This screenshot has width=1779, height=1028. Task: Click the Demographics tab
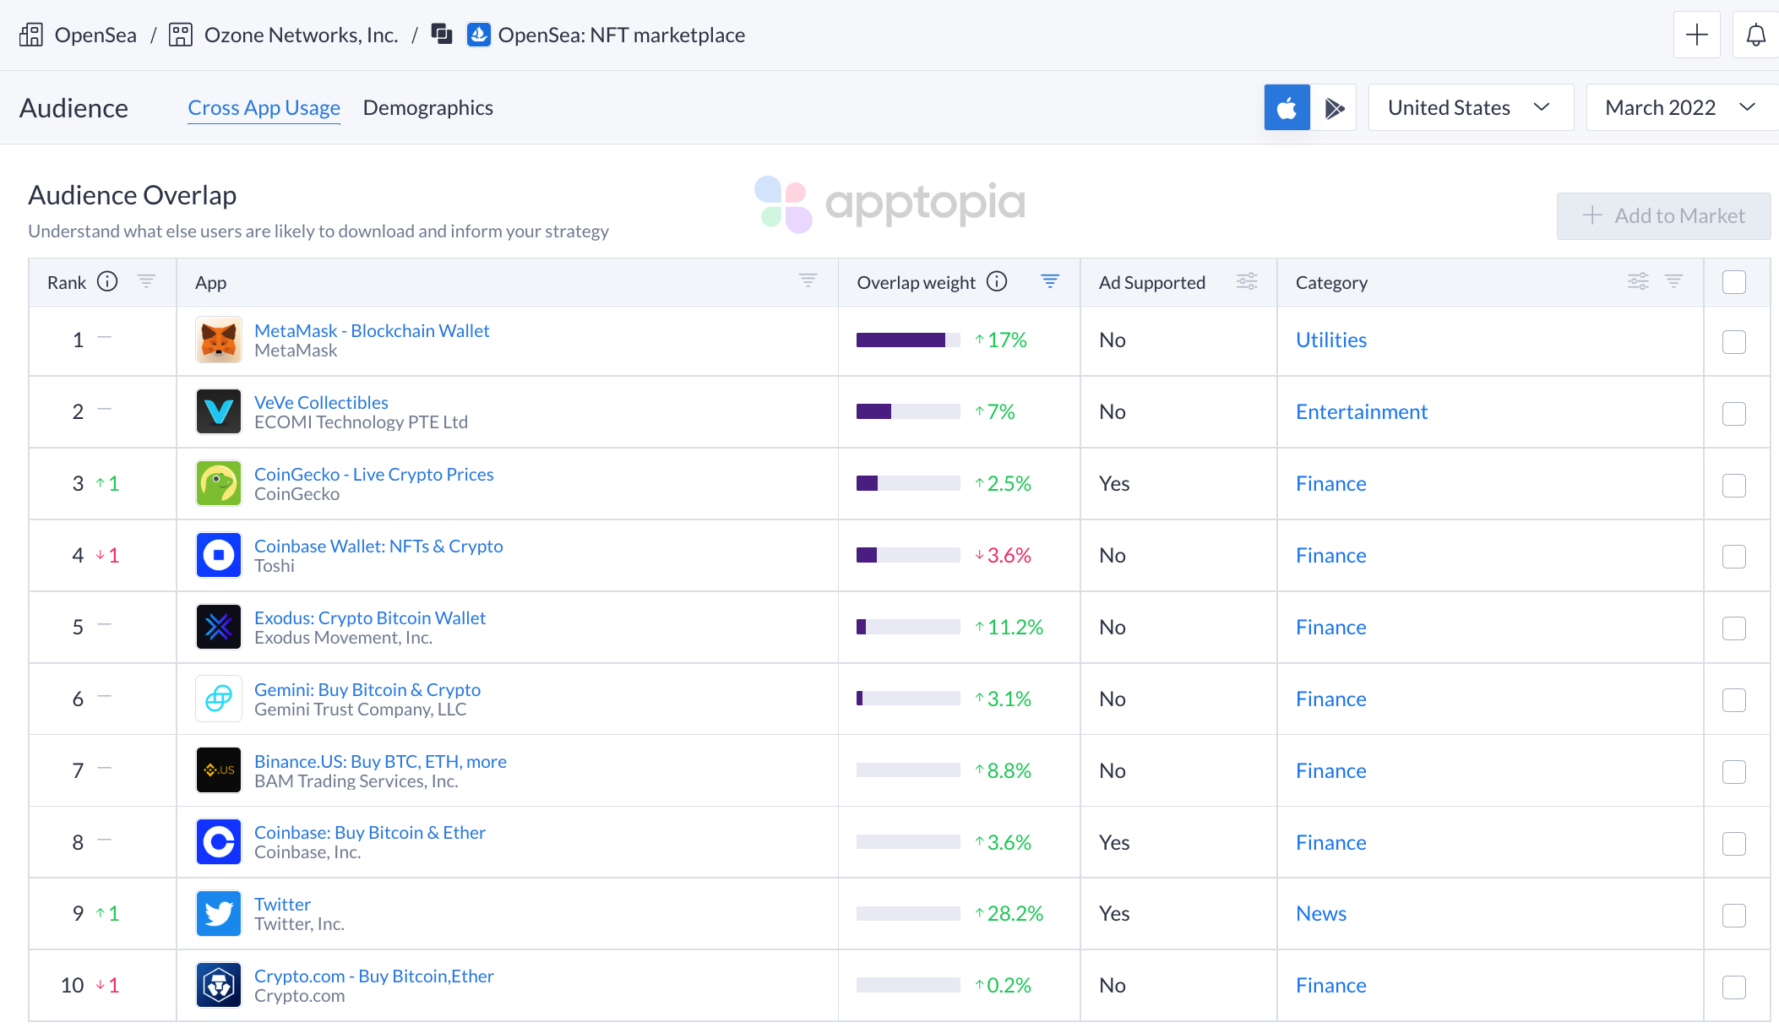point(427,108)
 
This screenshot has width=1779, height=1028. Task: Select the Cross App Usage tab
point(264,108)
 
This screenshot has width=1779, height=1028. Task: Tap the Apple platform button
point(1287,107)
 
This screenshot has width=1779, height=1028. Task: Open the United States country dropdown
point(1470,107)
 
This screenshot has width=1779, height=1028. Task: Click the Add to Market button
point(1662,216)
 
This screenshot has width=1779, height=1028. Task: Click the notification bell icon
point(1755,35)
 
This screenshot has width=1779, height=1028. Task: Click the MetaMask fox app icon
point(219,340)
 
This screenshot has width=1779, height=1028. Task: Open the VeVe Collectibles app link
point(321,402)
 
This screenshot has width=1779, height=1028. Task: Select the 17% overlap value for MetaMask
point(1006,340)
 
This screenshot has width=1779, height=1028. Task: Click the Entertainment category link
point(1361,412)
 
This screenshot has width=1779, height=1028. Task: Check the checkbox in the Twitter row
point(1733,915)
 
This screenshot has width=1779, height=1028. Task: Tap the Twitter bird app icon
point(219,913)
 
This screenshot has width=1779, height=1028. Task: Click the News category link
point(1320,914)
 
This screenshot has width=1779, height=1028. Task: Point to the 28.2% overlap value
point(1015,914)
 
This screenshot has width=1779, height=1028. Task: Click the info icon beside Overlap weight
point(997,282)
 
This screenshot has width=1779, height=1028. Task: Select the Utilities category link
point(1330,340)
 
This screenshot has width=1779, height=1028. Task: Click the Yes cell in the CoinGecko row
point(1113,484)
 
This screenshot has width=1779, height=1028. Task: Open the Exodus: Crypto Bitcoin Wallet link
point(369,617)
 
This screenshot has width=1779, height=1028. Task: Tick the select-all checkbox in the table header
point(1733,282)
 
